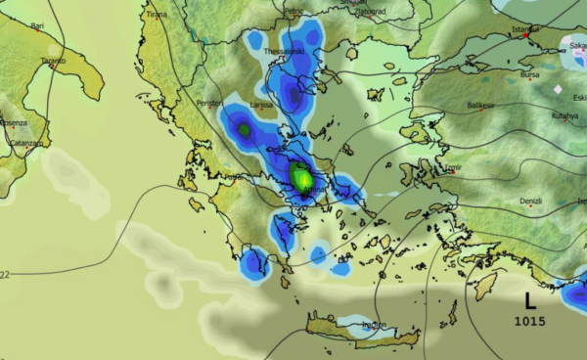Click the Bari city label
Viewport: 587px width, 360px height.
(37, 26)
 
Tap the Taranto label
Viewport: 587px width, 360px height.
(53, 61)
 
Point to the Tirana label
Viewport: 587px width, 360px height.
(156, 15)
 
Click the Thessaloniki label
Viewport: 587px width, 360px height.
(285, 51)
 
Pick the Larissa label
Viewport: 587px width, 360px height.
(262, 103)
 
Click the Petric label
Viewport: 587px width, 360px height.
(293, 11)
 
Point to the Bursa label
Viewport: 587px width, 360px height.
(530, 73)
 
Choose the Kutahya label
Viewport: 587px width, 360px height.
(564, 115)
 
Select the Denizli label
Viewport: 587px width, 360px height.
(530, 201)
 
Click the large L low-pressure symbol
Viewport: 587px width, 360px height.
(529, 300)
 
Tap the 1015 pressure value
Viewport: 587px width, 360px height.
(529, 321)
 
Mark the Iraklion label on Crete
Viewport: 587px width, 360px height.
(375, 325)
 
